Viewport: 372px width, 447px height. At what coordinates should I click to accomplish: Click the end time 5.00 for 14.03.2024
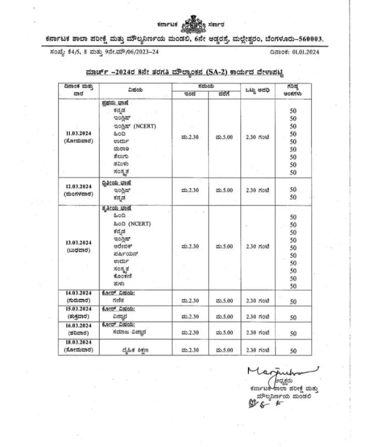[224, 301]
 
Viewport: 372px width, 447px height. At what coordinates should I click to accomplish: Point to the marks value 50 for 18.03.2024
[293, 351]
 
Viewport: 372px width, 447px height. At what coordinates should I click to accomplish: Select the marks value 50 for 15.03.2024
[293, 318]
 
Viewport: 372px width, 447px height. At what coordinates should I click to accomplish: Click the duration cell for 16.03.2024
[257, 333]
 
